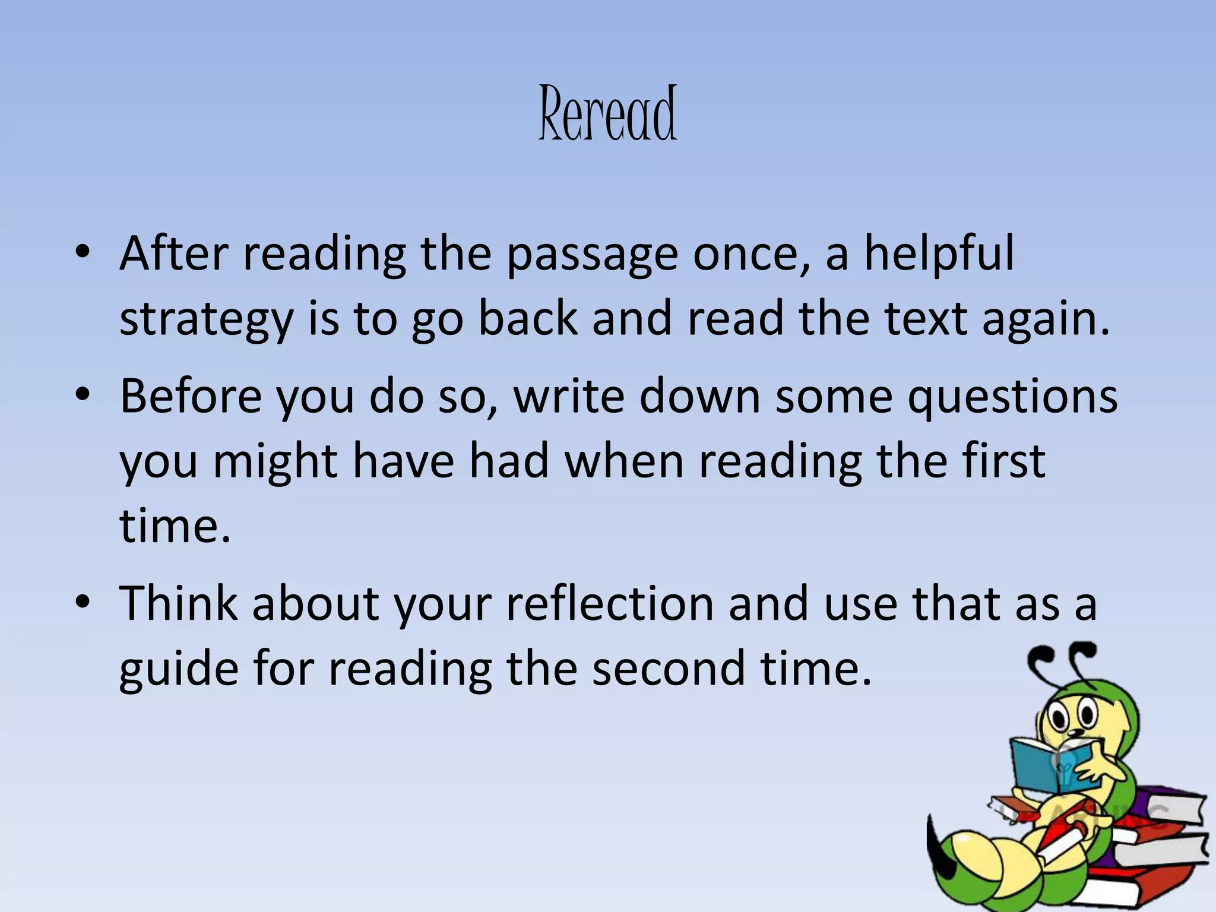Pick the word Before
(x=190, y=396)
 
